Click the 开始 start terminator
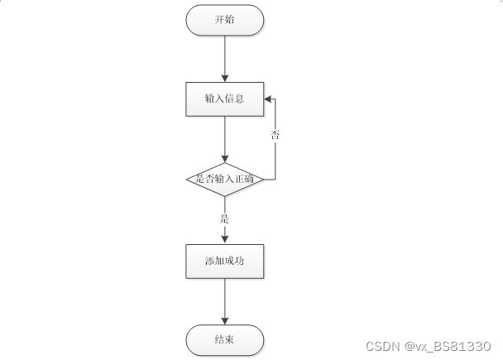224,21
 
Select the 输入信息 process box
224,98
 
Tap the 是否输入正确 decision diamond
224,179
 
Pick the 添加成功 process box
224,261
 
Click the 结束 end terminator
224,339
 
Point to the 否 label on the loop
275,133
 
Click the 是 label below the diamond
224,219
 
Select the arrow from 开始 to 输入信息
224,58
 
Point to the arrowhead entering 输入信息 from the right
269,98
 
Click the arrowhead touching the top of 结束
224,321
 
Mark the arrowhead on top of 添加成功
224,240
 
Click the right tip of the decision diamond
263,179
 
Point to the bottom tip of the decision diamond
224,197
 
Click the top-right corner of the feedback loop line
275,98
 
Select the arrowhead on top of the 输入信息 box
224,78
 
